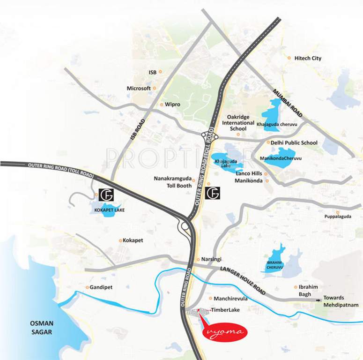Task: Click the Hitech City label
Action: coord(308,58)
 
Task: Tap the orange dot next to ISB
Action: coord(160,72)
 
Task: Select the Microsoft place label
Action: coord(139,88)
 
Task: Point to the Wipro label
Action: coord(172,104)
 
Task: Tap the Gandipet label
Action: coord(102,287)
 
